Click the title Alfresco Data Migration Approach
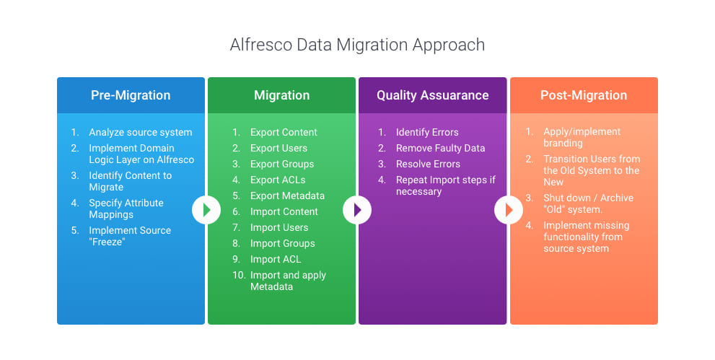coord(357,45)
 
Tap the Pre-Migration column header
coord(131,95)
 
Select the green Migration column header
coord(282,95)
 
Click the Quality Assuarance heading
coord(433,95)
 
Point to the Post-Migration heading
coord(584,95)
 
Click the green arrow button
coord(206,210)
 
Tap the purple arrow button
coord(357,210)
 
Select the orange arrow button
coord(509,210)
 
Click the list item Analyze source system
coord(141,132)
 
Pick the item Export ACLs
coord(278,180)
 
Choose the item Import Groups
coord(283,243)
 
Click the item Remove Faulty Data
coord(441,148)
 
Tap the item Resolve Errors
coord(428,164)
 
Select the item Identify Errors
coord(427,132)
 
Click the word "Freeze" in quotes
coord(108,242)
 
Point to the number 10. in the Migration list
coord(239,276)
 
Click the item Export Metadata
coord(287,196)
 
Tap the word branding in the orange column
coord(563,143)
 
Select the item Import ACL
coord(276,259)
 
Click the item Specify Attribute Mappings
coord(126,208)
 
